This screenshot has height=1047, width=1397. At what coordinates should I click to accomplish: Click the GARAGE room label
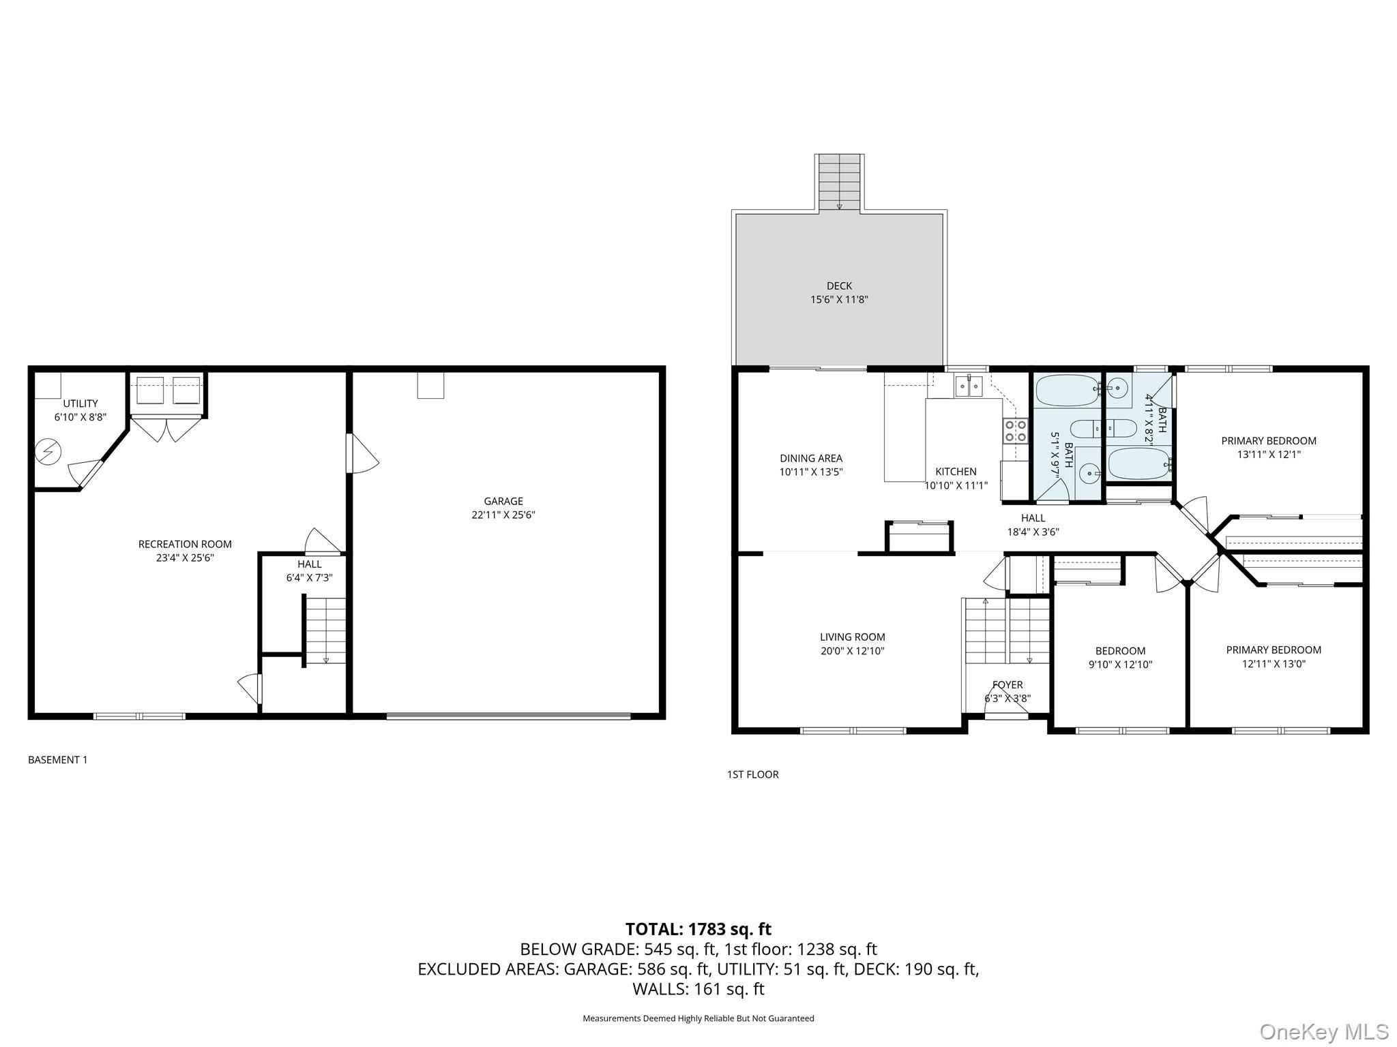(x=503, y=501)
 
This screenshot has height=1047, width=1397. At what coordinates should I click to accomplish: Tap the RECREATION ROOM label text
(x=185, y=544)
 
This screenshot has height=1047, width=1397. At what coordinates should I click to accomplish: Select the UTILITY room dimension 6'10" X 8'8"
(x=80, y=417)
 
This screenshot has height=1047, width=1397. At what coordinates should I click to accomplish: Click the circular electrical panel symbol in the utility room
(x=50, y=451)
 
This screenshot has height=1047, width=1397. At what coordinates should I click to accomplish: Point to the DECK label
(x=839, y=286)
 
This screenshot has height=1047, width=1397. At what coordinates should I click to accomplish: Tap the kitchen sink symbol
(x=968, y=387)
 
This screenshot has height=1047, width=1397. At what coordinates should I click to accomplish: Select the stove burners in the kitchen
(x=1015, y=430)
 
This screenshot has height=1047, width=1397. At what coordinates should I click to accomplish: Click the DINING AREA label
(x=811, y=459)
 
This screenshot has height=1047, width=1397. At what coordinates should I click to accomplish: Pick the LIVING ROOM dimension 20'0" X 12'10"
(x=853, y=651)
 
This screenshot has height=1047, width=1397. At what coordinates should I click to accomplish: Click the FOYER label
(x=1008, y=685)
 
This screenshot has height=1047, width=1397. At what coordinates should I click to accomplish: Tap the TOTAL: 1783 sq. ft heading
(x=698, y=929)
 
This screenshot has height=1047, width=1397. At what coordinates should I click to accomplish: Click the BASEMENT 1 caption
(x=58, y=760)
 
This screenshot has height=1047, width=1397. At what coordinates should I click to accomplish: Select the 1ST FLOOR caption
(x=752, y=774)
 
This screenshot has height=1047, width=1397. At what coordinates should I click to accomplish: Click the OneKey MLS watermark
(x=1323, y=1031)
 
